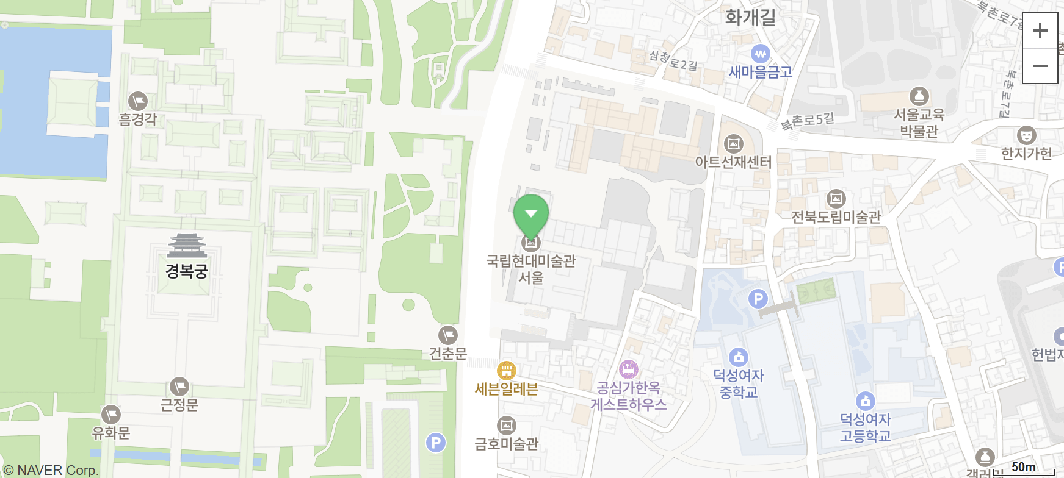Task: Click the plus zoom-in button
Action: coord(1040,30)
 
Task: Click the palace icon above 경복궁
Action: coord(187,246)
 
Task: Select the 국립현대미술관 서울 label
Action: coord(531,269)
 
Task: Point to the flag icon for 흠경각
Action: coord(138,101)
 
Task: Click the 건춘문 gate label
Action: coord(447,354)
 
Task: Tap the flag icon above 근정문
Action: coord(179,387)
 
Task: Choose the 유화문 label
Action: coord(110,433)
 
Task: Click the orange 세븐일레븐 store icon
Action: coord(506,370)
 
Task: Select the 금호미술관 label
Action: coord(507,444)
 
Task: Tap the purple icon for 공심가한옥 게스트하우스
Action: coord(628,369)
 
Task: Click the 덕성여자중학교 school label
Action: coord(739,383)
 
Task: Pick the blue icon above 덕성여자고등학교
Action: coord(865,401)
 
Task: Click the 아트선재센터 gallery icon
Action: coord(733,144)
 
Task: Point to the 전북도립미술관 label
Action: coord(836,217)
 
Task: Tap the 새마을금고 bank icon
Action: coord(760,54)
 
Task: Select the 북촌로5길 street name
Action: coord(808,121)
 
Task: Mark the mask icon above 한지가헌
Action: coord(1026,135)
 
